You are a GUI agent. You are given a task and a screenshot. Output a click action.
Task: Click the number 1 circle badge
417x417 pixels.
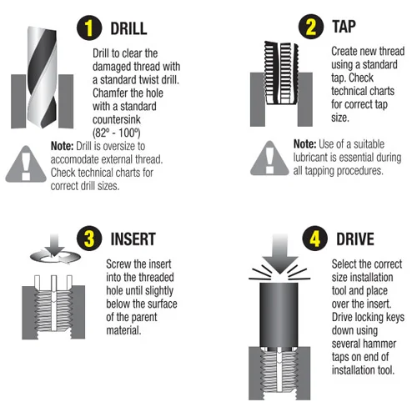(89, 28)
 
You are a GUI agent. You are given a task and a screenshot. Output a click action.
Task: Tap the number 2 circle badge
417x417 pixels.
(311, 27)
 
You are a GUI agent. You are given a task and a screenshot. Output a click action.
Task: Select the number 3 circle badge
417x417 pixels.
(89, 239)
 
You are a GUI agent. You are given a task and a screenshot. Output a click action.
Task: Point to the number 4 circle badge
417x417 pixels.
(315, 239)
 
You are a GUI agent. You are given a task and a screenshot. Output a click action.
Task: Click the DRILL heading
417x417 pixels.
(128, 28)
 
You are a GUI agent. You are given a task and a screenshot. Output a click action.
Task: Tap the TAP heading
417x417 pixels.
(344, 27)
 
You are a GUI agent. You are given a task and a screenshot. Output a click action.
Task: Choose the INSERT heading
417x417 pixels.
(133, 239)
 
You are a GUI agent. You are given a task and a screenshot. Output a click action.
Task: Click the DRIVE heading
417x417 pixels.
(355, 239)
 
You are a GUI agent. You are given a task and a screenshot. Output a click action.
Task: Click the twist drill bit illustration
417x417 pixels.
(43, 77)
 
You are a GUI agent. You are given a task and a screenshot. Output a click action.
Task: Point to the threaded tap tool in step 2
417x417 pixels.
(281, 73)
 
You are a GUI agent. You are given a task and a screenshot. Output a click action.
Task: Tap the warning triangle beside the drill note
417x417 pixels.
(26, 164)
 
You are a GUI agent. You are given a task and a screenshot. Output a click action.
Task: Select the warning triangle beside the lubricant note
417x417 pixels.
(269, 158)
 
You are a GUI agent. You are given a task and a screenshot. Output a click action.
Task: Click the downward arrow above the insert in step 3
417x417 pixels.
(54, 244)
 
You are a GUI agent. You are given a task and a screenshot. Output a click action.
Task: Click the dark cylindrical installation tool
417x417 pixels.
(279, 314)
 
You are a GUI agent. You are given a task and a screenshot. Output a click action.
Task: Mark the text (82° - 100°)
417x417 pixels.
(117, 133)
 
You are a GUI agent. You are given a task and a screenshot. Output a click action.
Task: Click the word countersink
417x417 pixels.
(117, 120)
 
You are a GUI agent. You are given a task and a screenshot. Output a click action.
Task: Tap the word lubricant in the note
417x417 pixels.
(311, 158)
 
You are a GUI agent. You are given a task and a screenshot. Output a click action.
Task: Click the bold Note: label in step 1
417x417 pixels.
(62, 146)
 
